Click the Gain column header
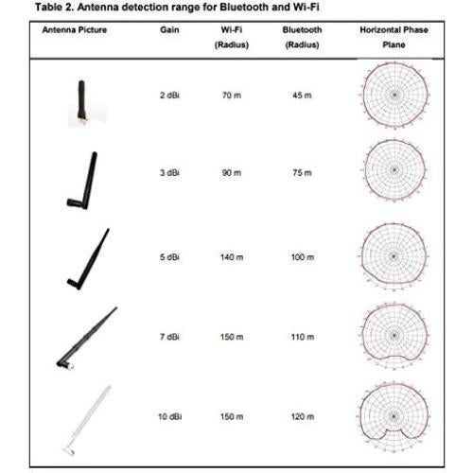tap(171, 30)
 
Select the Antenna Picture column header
tap(75, 30)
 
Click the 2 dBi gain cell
tap(170, 96)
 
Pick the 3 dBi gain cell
tap(170, 173)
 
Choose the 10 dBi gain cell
tap(170, 416)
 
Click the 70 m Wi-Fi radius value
tap(232, 96)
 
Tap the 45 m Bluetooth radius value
tap(302, 96)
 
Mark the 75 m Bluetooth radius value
tap(302, 173)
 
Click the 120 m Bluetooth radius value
tap(302, 416)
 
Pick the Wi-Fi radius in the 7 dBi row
tap(232, 338)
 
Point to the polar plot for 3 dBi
tap(394, 173)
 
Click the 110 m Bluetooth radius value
tap(302, 338)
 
